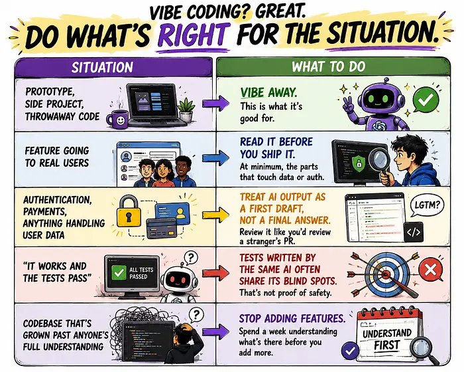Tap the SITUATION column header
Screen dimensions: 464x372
(x=102, y=67)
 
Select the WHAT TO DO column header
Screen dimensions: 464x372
(x=329, y=66)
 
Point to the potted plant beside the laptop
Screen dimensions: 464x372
(x=186, y=110)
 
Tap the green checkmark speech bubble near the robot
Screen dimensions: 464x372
(x=426, y=100)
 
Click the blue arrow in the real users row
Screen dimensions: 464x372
(x=215, y=157)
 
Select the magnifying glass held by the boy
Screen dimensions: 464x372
(x=380, y=164)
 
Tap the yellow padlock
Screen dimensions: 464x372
(x=129, y=215)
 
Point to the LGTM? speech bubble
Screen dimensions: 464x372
(x=428, y=205)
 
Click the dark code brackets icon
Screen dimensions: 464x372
(x=414, y=232)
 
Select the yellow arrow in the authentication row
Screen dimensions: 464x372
(x=215, y=215)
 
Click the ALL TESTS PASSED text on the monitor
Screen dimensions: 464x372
(x=141, y=273)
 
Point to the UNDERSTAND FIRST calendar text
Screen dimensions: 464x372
(x=387, y=339)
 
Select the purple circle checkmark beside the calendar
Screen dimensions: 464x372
(x=350, y=351)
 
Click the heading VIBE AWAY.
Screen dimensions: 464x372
(x=268, y=92)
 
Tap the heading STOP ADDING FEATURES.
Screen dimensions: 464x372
(x=292, y=318)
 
